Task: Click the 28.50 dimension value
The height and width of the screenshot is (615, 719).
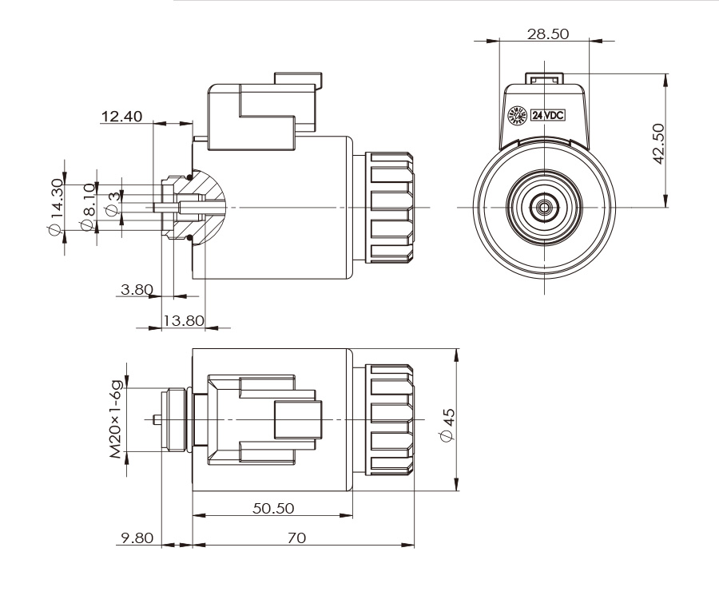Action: pos(548,34)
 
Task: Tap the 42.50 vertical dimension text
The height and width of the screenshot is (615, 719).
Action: pos(660,143)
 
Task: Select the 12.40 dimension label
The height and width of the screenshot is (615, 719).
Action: pos(121,117)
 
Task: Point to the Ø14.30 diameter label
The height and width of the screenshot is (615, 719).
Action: pos(56,207)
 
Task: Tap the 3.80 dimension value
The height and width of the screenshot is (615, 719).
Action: pos(134,289)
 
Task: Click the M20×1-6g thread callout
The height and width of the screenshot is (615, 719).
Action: pos(117,420)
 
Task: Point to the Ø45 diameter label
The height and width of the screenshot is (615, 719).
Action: pos(448,423)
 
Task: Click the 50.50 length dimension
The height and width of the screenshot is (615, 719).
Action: pos(273,509)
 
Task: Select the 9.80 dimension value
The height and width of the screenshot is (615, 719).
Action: pos(133,539)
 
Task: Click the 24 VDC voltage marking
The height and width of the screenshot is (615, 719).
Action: pos(548,115)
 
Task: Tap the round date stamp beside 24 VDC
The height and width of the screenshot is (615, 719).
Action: pos(518,116)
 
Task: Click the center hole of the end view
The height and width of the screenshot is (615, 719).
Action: pos(544,207)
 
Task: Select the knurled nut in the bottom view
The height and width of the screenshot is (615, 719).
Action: pos(391,420)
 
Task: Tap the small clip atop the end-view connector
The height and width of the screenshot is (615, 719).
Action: pos(544,78)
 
